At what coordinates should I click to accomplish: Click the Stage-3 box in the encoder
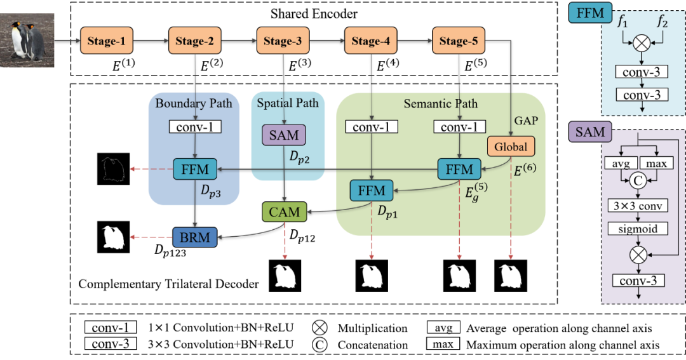click(283, 42)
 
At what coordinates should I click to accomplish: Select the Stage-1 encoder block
click(107, 42)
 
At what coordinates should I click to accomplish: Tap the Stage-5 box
click(459, 42)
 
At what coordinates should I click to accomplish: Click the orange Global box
click(511, 147)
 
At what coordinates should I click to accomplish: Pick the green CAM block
click(284, 211)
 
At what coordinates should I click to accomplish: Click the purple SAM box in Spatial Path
click(284, 135)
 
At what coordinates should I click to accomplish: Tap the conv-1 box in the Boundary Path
click(196, 127)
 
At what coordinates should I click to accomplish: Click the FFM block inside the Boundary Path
click(195, 169)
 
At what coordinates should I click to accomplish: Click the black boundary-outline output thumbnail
click(112, 168)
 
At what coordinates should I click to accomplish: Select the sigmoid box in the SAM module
click(638, 228)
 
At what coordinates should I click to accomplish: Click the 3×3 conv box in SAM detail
click(638, 206)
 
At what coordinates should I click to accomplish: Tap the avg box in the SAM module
click(621, 164)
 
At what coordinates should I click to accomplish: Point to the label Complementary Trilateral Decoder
click(168, 284)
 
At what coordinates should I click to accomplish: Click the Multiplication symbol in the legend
click(320, 328)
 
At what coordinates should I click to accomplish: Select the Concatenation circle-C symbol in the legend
click(320, 345)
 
